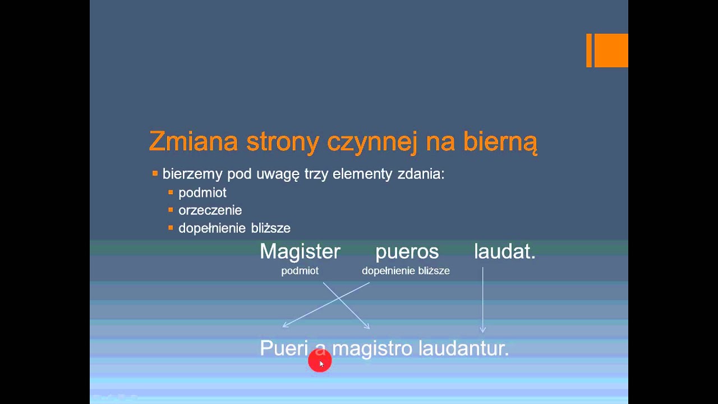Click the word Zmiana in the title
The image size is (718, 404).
tap(194, 142)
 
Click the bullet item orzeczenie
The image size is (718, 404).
tap(210, 210)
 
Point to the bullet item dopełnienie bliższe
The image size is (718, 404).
tap(234, 228)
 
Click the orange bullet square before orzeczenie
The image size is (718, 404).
tap(171, 210)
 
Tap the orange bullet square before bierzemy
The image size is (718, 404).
tap(155, 174)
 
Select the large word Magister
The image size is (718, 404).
tap(300, 251)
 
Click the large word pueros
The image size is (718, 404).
tap(407, 252)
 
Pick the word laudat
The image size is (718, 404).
tap(504, 251)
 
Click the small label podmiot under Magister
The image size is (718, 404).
tap(300, 271)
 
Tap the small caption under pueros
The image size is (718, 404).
tap(406, 271)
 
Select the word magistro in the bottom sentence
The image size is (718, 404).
tap(372, 348)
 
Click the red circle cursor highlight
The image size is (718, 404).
tap(320, 362)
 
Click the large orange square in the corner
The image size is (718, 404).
tap(611, 50)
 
